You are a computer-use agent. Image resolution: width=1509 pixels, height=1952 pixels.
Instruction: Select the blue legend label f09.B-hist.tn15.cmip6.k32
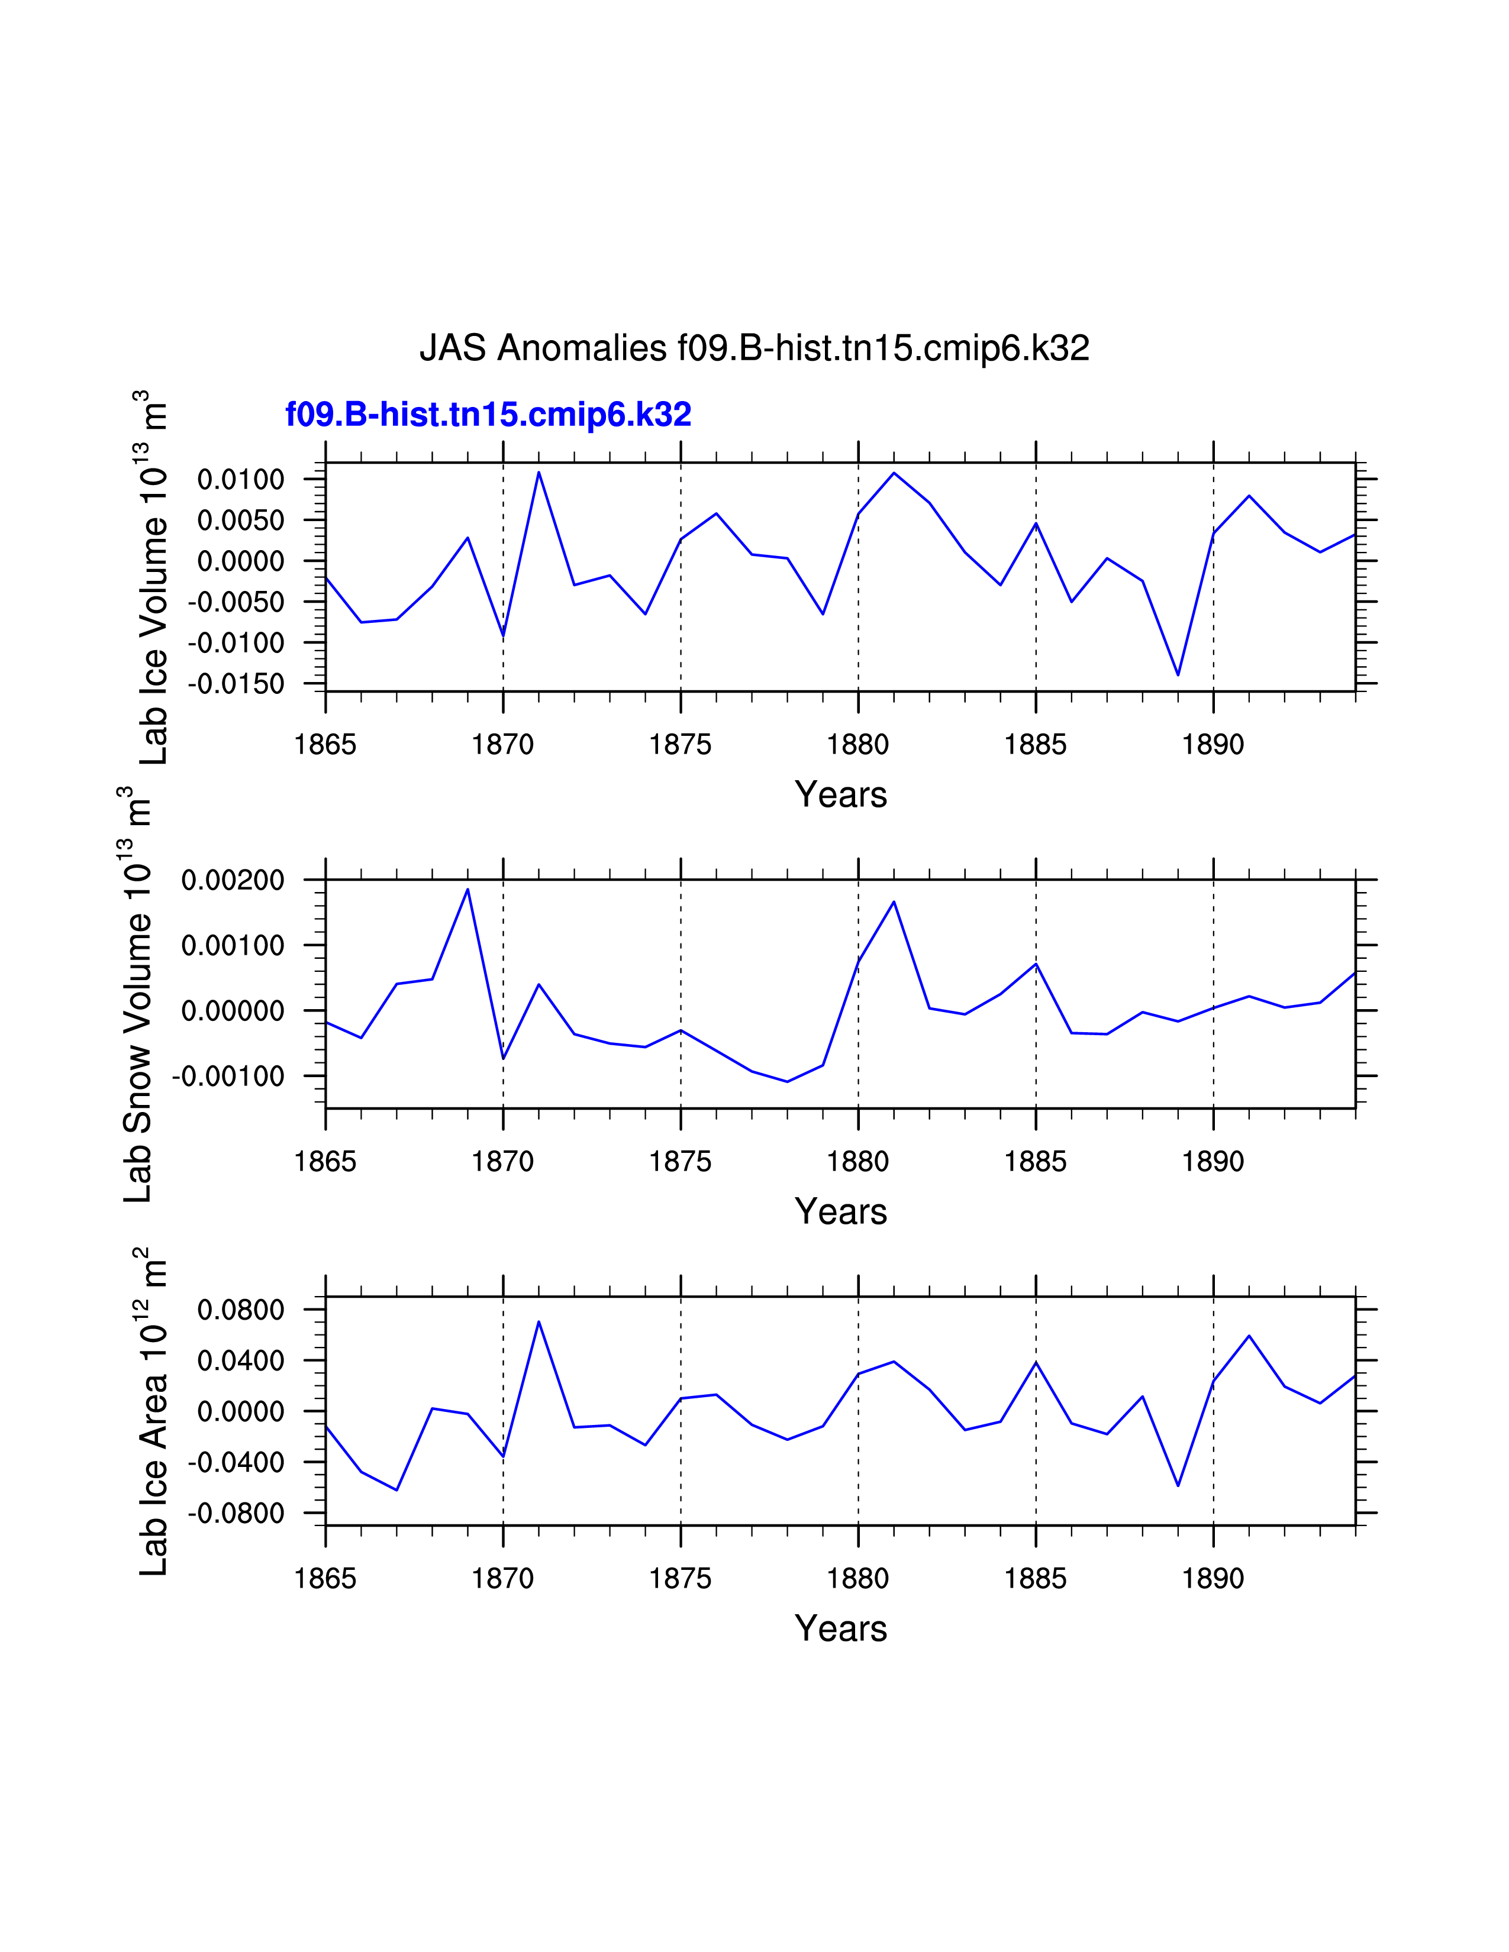[x=488, y=415]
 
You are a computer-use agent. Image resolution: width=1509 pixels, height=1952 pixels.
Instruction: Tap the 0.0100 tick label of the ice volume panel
[x=240, y=480]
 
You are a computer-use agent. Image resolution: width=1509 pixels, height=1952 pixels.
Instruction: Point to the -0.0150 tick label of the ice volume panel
[x=236, y=684]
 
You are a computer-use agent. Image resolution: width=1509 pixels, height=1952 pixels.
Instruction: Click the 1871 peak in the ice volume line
[x=539, y=472]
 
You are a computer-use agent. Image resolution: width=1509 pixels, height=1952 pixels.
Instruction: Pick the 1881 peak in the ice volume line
[x=894, y=473]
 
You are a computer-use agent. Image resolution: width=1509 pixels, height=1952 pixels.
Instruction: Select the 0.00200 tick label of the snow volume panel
[x=233, y=880]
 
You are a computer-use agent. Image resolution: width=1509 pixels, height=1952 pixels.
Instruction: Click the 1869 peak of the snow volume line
[x=467, y=888]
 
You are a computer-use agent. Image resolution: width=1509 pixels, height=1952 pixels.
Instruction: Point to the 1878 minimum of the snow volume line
[x=788, y=1081]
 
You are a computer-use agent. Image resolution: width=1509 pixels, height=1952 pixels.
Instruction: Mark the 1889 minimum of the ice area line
[x=1178, y=1485]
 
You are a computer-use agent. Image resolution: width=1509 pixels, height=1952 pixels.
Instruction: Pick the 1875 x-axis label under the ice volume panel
[x=681, y=745]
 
